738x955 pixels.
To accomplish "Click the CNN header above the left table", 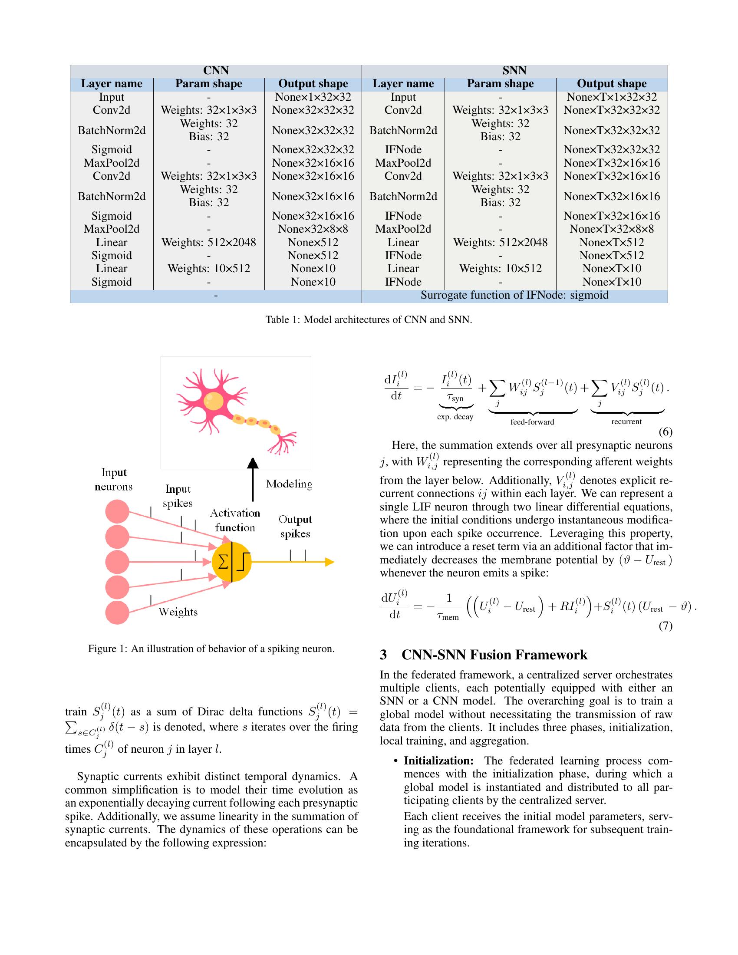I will point(216,70).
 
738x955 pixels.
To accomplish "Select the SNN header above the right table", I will point(514,70).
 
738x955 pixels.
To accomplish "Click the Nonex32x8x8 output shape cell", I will point(313,229).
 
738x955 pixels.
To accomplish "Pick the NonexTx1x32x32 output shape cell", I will point(611,97).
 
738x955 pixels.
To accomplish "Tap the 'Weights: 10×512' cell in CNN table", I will point(208,268).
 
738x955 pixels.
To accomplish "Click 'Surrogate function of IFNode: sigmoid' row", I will point(514,295).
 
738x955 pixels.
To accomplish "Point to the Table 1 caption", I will point(369,319).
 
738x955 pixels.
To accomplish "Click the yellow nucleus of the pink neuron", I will point(213,402).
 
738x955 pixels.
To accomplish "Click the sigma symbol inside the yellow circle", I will point(223,562).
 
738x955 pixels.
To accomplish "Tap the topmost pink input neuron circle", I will point(117,511).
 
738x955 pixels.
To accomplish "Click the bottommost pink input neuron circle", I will point(117,612).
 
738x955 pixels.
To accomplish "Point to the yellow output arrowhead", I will point(329,562).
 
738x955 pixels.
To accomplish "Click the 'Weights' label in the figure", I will point(178,612).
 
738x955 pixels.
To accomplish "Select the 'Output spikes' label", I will point(295,527).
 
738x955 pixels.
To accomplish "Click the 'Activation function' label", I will point(235,520).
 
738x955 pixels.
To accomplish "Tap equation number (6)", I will point(665,432).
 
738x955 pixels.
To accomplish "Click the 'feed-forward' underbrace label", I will point(532,422).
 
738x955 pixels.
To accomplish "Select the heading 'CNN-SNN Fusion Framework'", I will point(494,655).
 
